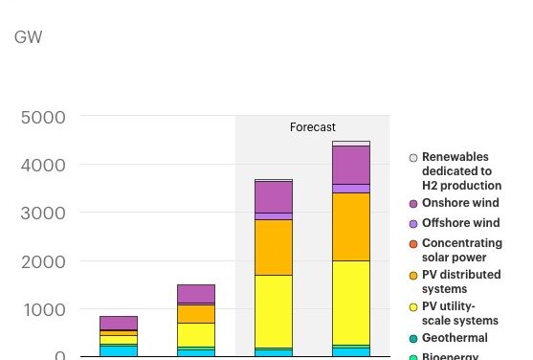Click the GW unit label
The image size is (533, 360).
pos(29,37)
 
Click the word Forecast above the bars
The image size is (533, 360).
pos(313,127)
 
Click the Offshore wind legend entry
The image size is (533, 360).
pos(455,222)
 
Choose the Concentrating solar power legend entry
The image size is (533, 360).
pos(461,250)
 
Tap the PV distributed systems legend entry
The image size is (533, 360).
pos(458,281)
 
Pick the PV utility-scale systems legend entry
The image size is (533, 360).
pos(460,313)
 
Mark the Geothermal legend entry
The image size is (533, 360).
pos(455,338)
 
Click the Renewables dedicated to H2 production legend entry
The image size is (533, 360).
pos(461,170)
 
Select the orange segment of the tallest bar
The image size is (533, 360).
pos(351,227)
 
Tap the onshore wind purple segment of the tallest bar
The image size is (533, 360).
pos(351,165)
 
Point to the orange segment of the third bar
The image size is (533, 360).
pos(274,247)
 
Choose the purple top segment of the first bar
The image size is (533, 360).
pos(119,323)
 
